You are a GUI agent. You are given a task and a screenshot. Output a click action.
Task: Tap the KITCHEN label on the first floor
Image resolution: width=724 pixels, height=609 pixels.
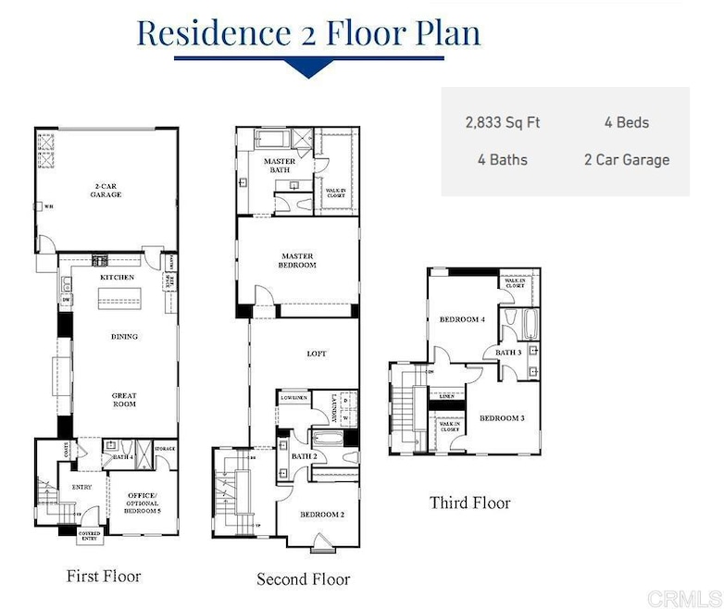pyautogui.click(x=118, y=278)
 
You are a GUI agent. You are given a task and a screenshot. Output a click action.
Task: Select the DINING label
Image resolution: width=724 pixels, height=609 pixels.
pyautogui.click(x=124, y=337)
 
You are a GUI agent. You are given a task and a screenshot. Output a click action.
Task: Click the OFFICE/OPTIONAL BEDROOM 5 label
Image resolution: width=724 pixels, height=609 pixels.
pyautogui.click(x=143, y=501)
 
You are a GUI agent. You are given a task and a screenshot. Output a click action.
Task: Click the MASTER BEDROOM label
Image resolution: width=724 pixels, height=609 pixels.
pyautogui.click(x=297, y=260)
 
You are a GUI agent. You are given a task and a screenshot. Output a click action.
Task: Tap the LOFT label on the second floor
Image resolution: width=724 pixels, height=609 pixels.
pyautogui.click(x=317, y=354)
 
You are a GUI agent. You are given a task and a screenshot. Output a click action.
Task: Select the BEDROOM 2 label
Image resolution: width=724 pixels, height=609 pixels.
pyautogui.click(x=322, y=514)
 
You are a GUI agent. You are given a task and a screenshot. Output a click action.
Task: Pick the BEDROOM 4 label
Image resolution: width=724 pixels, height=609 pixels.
pyautogui.click(x=462, y=319)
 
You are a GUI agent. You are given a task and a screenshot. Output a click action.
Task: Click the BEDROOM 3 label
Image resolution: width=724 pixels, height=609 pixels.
pyautogui.click(x=502, y=418)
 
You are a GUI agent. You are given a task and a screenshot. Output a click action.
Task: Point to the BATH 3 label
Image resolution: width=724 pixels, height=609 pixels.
pyautogui.click(x=507, y=353)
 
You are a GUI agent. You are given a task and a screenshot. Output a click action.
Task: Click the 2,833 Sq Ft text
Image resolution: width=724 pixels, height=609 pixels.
pyautogui.click(x=503, y=122)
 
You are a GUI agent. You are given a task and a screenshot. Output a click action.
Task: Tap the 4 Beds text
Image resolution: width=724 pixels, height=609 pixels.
pyautogui.click(x=626, y=122)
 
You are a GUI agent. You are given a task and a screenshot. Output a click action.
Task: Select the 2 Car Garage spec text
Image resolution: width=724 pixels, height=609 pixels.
pyautogui.click(x=626, y=159)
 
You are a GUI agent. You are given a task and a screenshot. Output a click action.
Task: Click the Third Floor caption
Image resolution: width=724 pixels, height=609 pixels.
pyautogui.click(x=469, y=503)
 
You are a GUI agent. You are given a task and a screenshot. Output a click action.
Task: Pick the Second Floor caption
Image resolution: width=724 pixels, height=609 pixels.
pyautogui.click(x=304, y=579)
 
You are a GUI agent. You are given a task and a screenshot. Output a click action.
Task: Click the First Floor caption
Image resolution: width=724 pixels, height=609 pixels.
pyautogui.click(x=104, y=577)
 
